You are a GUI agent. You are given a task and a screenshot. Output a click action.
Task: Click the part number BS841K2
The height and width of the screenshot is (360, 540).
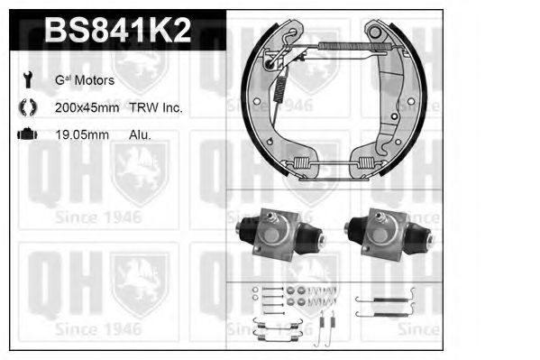tap(117, 31)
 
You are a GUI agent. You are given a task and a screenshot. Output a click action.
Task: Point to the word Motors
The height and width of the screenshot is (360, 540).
tap(95, 80)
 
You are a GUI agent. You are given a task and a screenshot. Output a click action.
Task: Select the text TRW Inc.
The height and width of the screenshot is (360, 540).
tap(160, 107)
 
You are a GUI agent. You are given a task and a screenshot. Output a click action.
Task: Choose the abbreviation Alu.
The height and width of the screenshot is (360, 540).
tap(140, 134)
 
